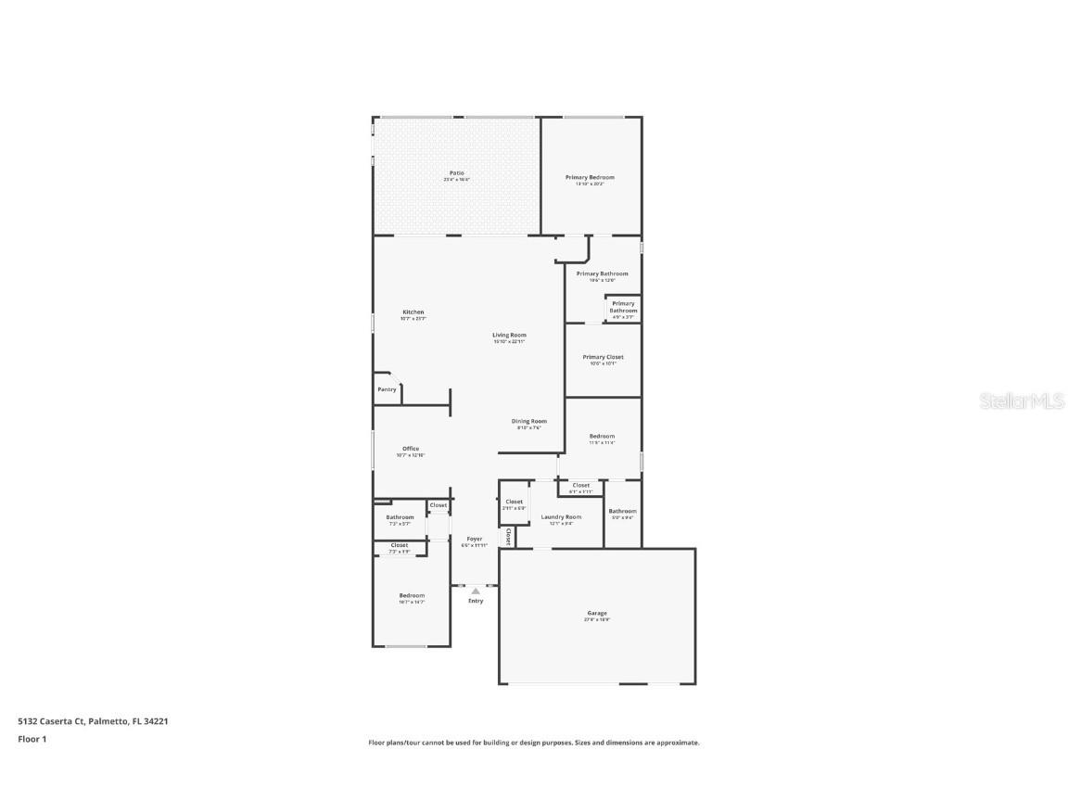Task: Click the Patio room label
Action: coord(456,172)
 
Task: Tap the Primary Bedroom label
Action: coord(590,177)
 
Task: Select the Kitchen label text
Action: coord(413,312)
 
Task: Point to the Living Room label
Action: coord(509,335)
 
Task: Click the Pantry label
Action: coord(387,389)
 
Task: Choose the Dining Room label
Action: coord(529,421)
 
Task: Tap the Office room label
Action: coord(410,449)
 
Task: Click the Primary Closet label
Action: coord(603,357)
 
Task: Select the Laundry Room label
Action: coord(561,516)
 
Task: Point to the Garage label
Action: coord(597,613)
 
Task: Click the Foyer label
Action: coord(475,539)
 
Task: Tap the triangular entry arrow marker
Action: coord(476,590)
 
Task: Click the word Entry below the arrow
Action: coord(476,601)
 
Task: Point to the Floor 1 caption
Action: coord(32,739)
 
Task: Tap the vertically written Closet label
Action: coord(508,537)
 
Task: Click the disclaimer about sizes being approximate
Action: coord(534,743)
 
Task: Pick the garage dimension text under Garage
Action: coord(597,619)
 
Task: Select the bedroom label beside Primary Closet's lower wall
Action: coord(602,436)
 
